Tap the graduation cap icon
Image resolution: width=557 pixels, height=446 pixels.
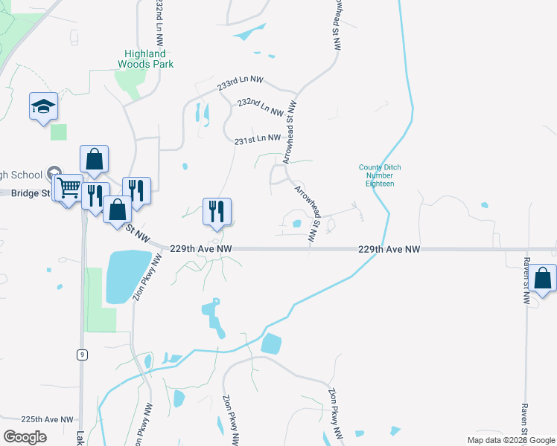click(44, 106)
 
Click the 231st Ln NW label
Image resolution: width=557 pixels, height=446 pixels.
click(258, 139)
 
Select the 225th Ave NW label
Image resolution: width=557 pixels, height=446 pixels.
click(48, 420)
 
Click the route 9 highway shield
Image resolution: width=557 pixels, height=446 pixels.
click(80, 355)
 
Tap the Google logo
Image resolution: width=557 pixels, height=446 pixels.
click(25, 436)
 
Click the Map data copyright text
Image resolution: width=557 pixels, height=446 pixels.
click(509, 440)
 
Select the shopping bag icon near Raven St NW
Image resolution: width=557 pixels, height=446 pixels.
click(543, 279)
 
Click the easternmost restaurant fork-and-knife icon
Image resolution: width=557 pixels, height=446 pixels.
click(217, 211)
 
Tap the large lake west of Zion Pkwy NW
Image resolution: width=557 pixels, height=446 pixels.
click(126, 276)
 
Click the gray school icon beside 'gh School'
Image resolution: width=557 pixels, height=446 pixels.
click(53, 175)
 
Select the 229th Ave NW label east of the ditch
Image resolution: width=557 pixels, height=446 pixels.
click(389, 250)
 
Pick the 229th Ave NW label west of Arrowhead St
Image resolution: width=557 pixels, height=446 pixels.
click(201, 249)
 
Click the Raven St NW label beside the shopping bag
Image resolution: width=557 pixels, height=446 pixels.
click(526, 282)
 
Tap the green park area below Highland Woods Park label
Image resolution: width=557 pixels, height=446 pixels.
click(133, 84)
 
